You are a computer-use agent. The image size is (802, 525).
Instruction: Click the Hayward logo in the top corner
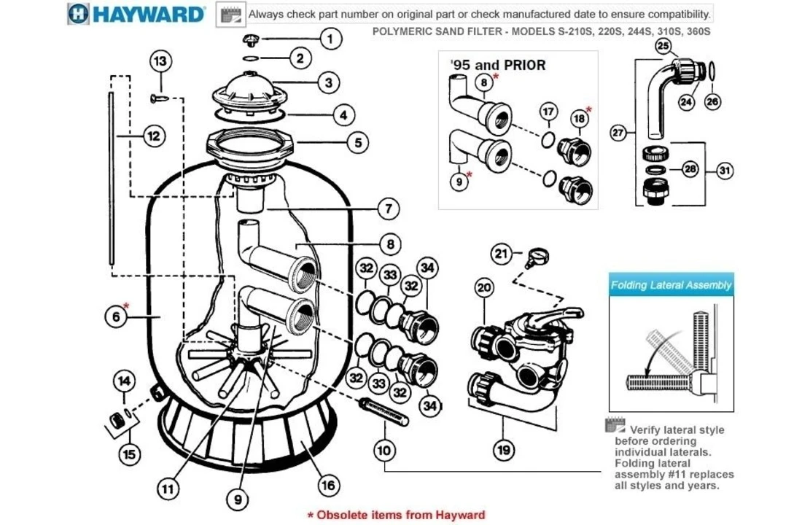pos(136,14)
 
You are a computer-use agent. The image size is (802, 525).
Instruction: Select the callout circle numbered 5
pos(357,141)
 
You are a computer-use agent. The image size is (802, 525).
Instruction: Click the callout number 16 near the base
pos(329,484)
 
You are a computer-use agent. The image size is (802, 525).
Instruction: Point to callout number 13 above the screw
pos(161,61)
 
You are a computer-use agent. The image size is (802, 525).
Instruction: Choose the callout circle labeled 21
pos(501,253)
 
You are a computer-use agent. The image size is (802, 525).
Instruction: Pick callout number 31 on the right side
pos(724,171)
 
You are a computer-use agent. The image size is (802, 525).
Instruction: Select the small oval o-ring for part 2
pos(249,58)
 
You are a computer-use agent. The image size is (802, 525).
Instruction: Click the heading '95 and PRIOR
pos(498,65)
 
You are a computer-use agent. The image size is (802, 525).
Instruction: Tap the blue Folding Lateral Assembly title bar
pos(671,285)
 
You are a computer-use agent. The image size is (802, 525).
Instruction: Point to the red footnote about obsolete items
pos(396,515)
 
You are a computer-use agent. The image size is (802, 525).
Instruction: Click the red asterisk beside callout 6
pos(127,306)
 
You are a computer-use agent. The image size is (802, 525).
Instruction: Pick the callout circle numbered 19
pos(503,450)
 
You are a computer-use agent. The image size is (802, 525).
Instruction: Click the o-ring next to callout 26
pos(712,71)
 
